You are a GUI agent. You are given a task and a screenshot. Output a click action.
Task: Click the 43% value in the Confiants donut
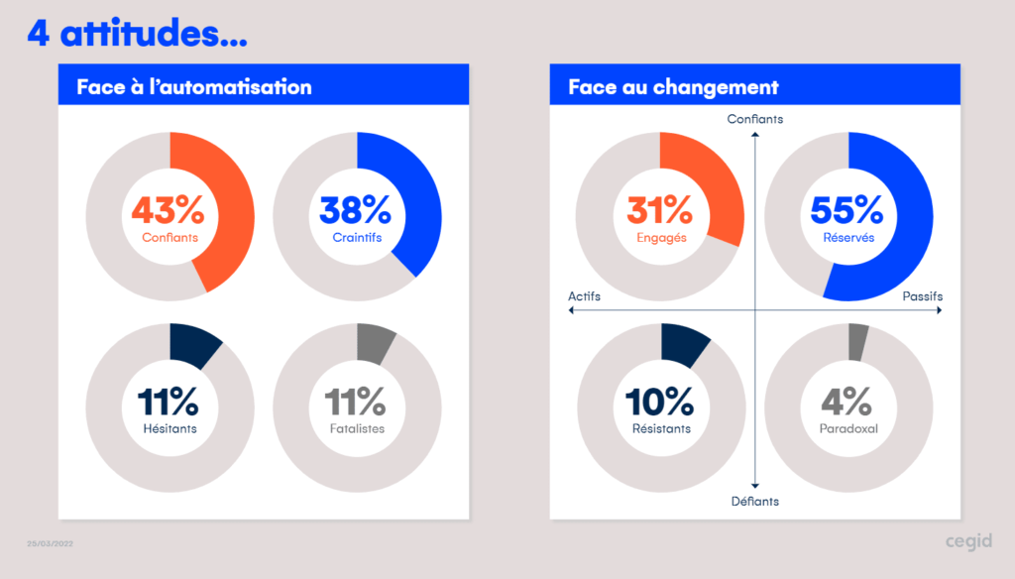(x=169, y=210)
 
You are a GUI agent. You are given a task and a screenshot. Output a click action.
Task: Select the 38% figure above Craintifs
(x=356, y=210)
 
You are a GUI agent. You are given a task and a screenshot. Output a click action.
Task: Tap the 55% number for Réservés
(x=847, y=210)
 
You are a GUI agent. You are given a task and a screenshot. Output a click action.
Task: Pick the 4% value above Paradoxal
(x=847, y=402)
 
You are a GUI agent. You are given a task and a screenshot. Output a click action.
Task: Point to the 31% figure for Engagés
(x=659, y=210)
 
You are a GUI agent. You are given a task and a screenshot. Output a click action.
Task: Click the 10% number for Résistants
(x=660, y=402)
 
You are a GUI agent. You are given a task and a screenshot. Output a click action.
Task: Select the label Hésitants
(x=169, y=429)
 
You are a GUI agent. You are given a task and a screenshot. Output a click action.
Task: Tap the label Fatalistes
(x=357, y=429)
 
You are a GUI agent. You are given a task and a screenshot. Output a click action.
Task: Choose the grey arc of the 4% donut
(x=857, y=342)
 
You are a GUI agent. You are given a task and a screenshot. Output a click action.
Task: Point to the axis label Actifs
(x=584, y=296)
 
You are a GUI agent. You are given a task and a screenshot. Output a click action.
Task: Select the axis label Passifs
(x=922, y=296)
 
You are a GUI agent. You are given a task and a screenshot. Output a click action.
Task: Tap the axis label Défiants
(x=754, y=501)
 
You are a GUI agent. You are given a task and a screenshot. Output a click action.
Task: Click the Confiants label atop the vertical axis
(x=754, y=119)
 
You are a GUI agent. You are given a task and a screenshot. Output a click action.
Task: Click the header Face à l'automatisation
(x=194, y=87)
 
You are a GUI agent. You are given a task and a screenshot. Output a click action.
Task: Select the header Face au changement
(x=673, y=87)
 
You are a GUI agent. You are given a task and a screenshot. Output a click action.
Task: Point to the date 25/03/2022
(x=50, y=544)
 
